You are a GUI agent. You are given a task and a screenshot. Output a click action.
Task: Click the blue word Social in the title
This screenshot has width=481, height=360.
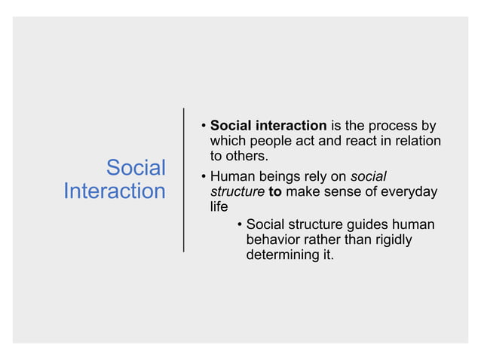(x=136, y=166)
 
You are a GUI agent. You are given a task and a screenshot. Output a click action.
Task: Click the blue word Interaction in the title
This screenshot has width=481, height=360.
(x=115, y=191)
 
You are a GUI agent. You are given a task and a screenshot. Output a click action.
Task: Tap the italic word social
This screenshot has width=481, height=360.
(x=369, y=176)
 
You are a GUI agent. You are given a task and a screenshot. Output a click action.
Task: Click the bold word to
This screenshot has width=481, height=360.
(x=275, y=192)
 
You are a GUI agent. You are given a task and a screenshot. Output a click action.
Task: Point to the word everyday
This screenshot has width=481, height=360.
(x=408, y=192)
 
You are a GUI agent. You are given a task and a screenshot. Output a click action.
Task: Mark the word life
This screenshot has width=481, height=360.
(x=219, y=208)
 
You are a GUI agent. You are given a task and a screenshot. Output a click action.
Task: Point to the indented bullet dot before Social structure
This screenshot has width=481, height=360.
(x=239, y=224)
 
